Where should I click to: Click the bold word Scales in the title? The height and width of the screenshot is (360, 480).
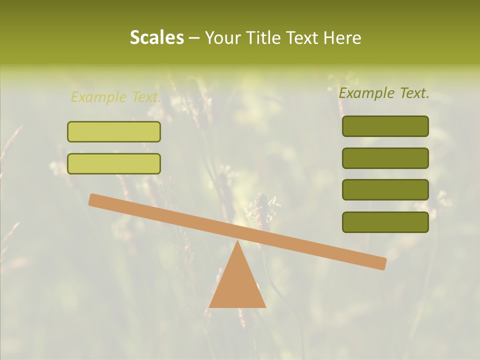pyautogui.click(x=156, y=37)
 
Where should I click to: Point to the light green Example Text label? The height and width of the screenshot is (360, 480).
pyautogui.click(x=116, y=97)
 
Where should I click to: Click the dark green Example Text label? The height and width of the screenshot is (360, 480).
pyautogui.click(x=384, y=93)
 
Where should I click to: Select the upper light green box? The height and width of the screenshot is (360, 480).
pyautogui.click(x=114, y=131)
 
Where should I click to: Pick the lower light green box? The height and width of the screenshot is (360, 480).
pyautogui.click(x=114, y=163)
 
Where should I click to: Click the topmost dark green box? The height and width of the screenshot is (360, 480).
pyautogui.click(x=385, y=126)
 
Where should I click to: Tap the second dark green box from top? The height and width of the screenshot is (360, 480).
pyautogui.click(x=385, y=158)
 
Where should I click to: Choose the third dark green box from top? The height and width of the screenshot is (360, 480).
pyautogui.click(x=385, y=190)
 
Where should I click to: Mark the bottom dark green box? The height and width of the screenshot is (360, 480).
pyautogui.click(x=385, y=222)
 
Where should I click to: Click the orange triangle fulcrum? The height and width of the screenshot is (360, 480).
pyautogui.click(x=237, y=285)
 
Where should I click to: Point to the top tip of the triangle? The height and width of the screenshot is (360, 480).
pyautogui.click(x=237, y=241)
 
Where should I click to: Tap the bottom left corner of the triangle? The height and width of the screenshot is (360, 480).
pyautogui.click(x=210, y=306)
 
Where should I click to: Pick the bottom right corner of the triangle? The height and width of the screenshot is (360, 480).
pyautogui.click(x=265, y=306)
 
